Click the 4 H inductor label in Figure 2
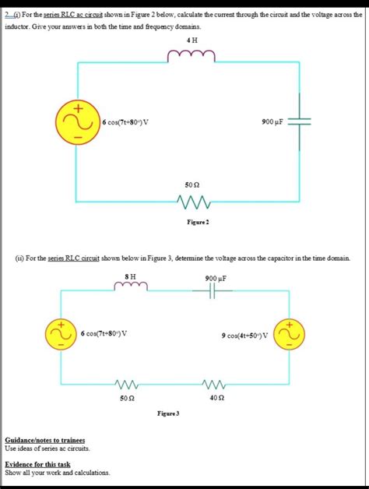(192, 40)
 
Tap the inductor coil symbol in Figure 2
(192, 55)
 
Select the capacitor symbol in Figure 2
(300, 121)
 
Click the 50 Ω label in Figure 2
(192, 185)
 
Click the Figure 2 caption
(192, 221)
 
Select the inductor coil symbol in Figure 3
(131, 289)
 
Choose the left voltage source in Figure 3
(61, 333)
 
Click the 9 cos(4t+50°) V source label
(244, 336)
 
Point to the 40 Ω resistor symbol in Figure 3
(216, 384)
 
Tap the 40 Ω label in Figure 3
(216, 398)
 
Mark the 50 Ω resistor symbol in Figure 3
(125, 384)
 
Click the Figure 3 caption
(168, 413)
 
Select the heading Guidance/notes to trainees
(45, 440)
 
